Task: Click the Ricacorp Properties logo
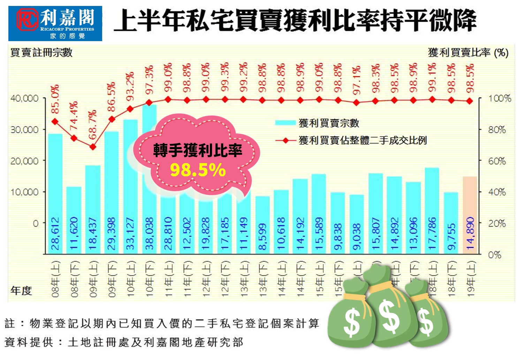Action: pyautogui.click(x=55, y=23)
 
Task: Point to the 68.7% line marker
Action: pyautogui.click(x=93, y=147)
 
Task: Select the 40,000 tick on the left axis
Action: pyautogui.click(x=24, y=98)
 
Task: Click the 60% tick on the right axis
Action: pyautogui.click(x=497, y=161)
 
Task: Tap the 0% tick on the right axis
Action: pyautogui.click(x=495, y=255)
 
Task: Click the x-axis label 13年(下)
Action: pyautogui.click(x=263, y=279)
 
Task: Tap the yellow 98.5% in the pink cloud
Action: pyautogui.click(x=198, y=170)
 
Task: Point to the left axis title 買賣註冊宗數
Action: pyautogui.click(x=41, y=53)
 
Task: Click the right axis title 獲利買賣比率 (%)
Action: pyautogui.click(x=468, y=53)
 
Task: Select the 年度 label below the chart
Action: pyautogui.click(x=21, y=290)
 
